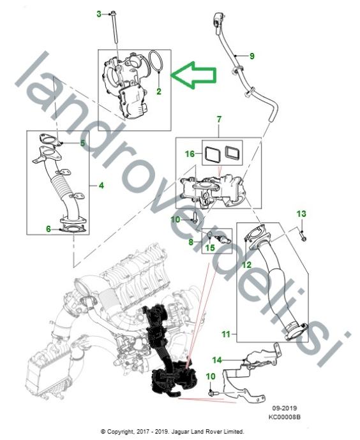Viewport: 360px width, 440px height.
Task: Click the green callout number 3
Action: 99,14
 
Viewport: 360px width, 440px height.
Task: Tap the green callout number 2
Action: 159,91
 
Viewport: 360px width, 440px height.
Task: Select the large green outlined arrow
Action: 194,75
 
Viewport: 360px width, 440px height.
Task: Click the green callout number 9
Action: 252,56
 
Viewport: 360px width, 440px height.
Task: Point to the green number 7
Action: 219,119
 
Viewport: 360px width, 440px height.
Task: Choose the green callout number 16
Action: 190,154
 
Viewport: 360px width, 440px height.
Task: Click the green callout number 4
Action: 101,185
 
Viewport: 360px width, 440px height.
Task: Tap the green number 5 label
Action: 82,143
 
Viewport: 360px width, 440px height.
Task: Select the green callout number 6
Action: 49,229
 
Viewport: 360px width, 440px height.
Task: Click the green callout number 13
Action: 301,214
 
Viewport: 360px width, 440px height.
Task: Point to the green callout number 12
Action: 246,265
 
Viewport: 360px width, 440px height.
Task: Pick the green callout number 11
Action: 226,334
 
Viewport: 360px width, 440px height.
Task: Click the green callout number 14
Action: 217,360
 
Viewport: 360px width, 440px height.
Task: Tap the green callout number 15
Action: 210,247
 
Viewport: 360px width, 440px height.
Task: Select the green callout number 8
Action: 191,242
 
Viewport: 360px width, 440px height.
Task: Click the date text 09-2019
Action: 285,408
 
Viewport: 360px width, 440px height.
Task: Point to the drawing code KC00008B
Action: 284,417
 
